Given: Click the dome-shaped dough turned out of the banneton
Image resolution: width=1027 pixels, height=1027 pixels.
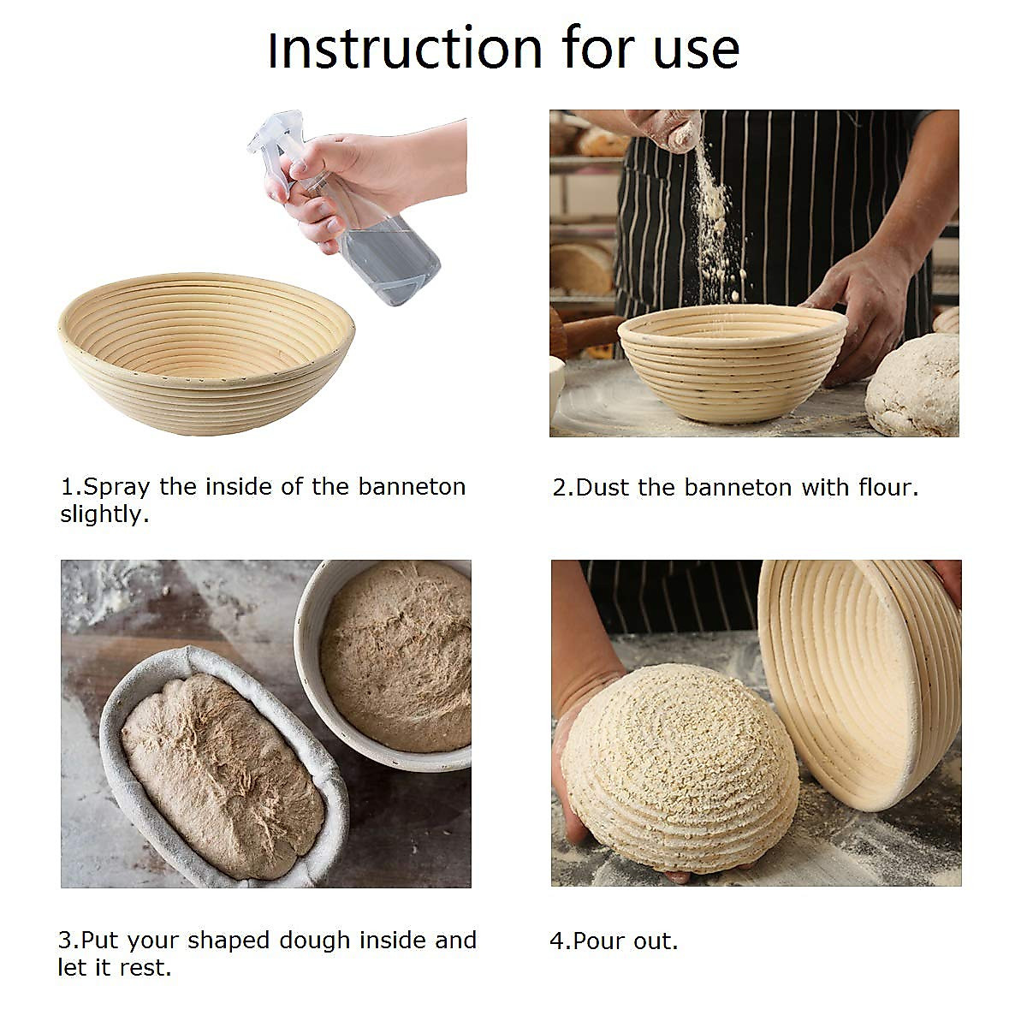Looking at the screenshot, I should (680, 766).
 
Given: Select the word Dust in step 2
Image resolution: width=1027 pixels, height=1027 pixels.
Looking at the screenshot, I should (603, 488).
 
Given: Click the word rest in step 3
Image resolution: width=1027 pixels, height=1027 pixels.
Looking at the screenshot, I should (151, 968).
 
